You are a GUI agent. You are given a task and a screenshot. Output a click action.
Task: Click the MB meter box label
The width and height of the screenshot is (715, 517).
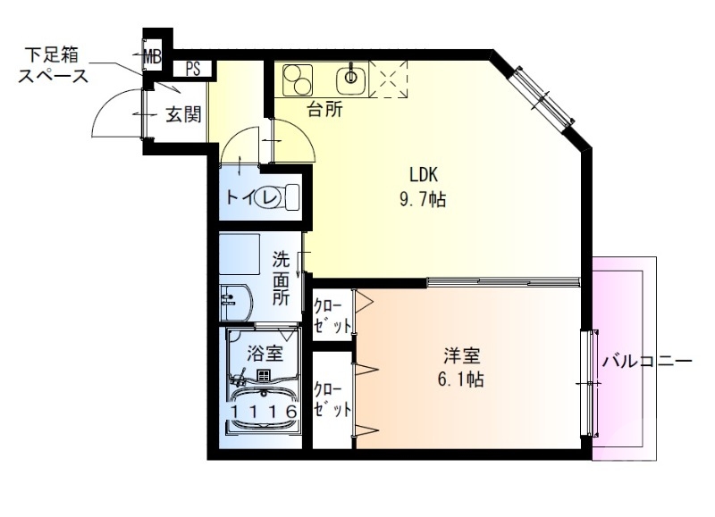tap(152, 56)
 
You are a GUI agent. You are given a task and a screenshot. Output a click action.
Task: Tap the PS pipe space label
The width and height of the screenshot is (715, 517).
tap(193, 68)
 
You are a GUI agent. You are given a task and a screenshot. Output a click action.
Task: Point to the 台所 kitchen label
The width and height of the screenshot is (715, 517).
tap(325, 110)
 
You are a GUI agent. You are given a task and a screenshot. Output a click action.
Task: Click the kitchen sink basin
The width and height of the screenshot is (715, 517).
tap(349, 79)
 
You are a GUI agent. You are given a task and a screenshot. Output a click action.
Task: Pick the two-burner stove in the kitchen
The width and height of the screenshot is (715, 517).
tap(296, 79)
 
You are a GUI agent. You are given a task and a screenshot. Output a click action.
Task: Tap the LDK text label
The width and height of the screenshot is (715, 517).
tap(424, 176)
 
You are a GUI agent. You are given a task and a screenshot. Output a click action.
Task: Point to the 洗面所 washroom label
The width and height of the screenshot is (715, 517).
tap(281, 279)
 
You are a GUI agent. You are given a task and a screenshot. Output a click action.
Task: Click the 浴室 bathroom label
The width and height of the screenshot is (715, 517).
tap(265, 354)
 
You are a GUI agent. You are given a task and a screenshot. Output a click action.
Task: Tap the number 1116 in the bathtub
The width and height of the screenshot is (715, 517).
tap(263, 413)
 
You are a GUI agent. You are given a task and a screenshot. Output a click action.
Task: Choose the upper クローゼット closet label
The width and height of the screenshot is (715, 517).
tap(332, 314)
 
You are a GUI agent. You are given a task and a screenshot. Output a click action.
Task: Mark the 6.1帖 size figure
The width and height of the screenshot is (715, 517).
tap(458, 379)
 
